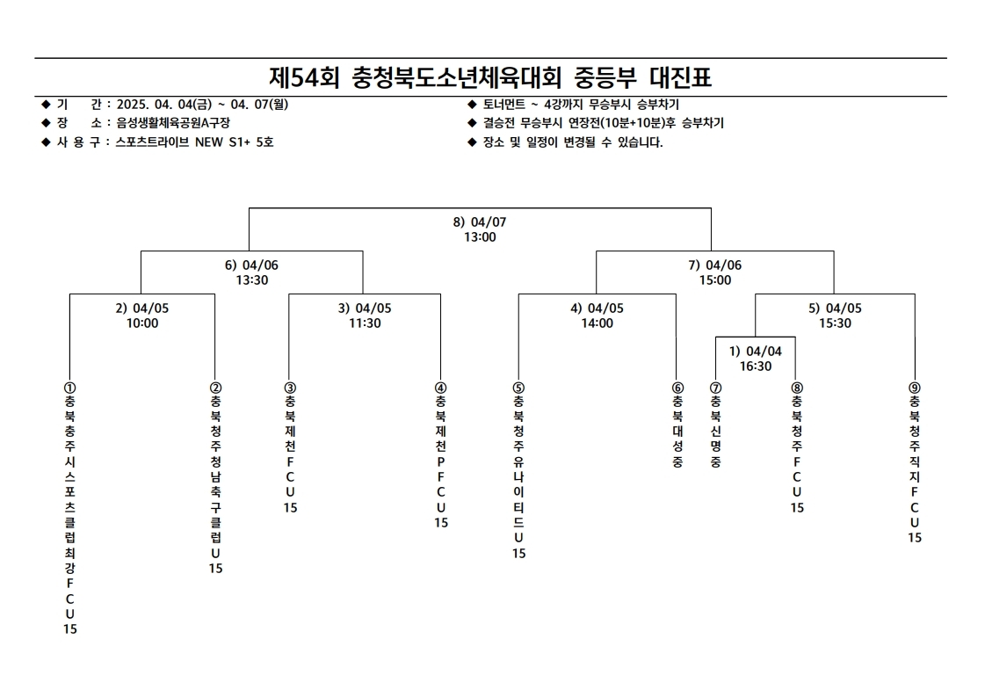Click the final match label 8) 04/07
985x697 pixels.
click(479, 221)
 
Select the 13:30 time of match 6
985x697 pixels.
click(252, 280)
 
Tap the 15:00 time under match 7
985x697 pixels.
click(715, 280)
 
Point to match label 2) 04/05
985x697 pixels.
click(142, 308)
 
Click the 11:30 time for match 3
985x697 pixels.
click(365, 323)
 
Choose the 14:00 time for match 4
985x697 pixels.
click(597, 323)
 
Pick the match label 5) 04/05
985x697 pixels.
click(835, 308)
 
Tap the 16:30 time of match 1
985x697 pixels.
click(755, 366)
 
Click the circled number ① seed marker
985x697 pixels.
click(69, 388)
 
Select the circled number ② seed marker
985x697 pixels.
click(215, 388)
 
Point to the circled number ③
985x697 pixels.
click(290, 388)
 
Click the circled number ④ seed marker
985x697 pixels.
click(441, 388)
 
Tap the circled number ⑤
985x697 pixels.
click(518, 388)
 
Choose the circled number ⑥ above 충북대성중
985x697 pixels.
click(677, 388)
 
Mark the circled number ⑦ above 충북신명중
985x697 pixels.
click(715, 388)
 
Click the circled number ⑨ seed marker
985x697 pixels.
click(915, 388)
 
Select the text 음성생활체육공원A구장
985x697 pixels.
click(173, 122)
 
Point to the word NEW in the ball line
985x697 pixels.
click(208, 142)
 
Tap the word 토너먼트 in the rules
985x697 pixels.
click(503, 105)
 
